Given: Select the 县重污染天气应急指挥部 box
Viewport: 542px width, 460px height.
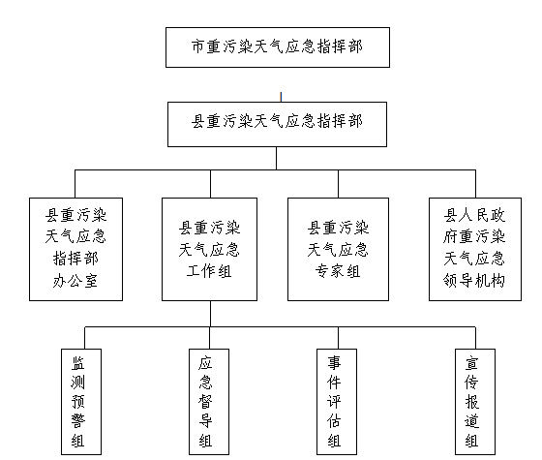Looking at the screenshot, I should pos(278,124).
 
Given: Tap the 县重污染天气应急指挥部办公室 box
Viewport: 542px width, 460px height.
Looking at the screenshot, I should pos(76,249).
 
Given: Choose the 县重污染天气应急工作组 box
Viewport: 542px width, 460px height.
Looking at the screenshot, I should pos(210,249).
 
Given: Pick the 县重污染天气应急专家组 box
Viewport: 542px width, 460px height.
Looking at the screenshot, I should pos(338,249).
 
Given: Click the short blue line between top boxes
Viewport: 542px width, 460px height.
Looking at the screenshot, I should pos(281,96).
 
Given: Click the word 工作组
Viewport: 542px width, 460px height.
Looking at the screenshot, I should pos(210,272).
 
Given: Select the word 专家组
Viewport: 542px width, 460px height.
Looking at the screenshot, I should pos(338,272).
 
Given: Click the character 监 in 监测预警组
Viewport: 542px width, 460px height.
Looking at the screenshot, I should pos(78,361).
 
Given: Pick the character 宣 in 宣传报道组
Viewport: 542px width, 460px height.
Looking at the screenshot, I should pos(472,361).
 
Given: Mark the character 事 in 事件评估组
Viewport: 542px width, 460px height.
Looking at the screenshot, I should pos(335,361).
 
